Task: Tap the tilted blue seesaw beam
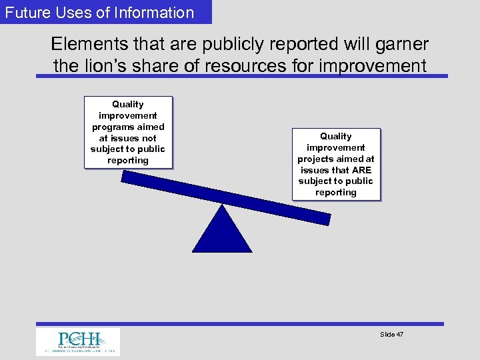click(x=226, y=197)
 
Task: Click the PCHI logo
click(x=78, y=341)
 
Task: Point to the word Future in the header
click(x=27, y=12)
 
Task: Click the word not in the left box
click(x=149, y=138)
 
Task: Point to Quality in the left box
click(x=128, y=104)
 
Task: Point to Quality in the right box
click(x=336, y=136)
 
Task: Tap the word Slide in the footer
click(x=387, y=334)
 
